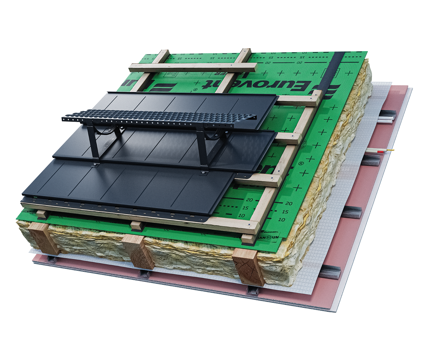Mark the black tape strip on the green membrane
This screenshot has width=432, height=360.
click(x=333, y=72)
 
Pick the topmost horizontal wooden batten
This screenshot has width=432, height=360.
click(x=193, y=67)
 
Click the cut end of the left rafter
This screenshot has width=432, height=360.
click(x=44, y=238)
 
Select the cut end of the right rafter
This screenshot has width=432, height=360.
click(x=248, y=267)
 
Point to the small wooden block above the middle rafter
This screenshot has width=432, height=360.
click(x=137, y=226)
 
